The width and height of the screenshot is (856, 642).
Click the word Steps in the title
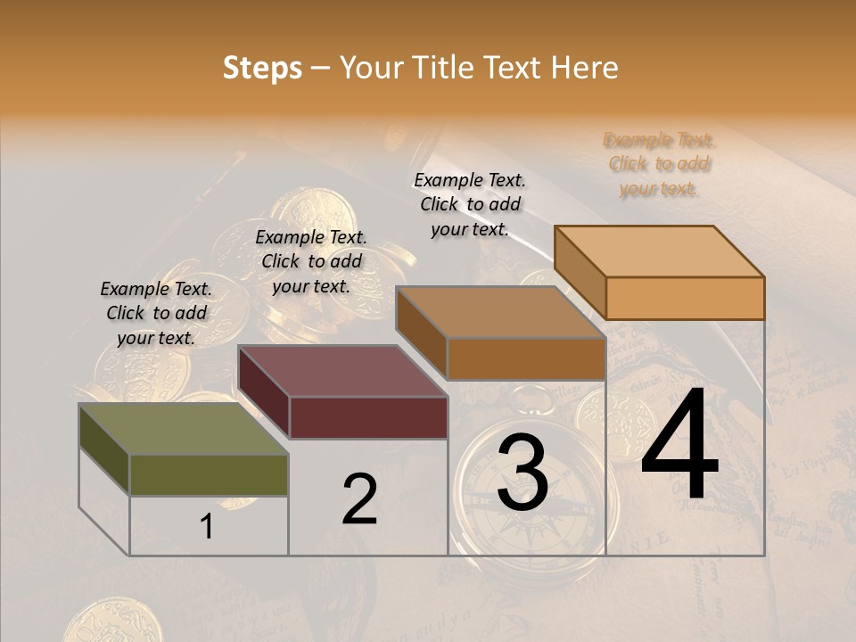click(261, 68)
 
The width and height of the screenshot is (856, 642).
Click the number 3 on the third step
click(523, 473)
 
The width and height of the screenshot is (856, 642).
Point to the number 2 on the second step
click(359, 499)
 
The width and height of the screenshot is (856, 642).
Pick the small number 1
click(207, 527)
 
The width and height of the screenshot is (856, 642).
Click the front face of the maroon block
click(368, 417)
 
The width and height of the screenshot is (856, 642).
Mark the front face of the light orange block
click(685, 298)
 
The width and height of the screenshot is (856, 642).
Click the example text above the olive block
click(156, 313)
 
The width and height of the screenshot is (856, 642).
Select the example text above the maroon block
click(311, 261)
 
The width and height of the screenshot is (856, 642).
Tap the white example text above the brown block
click(470, 204)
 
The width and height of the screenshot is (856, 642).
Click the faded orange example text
click(659, 164)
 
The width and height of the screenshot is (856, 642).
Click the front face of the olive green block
click(209, 474)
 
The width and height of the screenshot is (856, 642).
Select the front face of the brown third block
click(526, 359)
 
